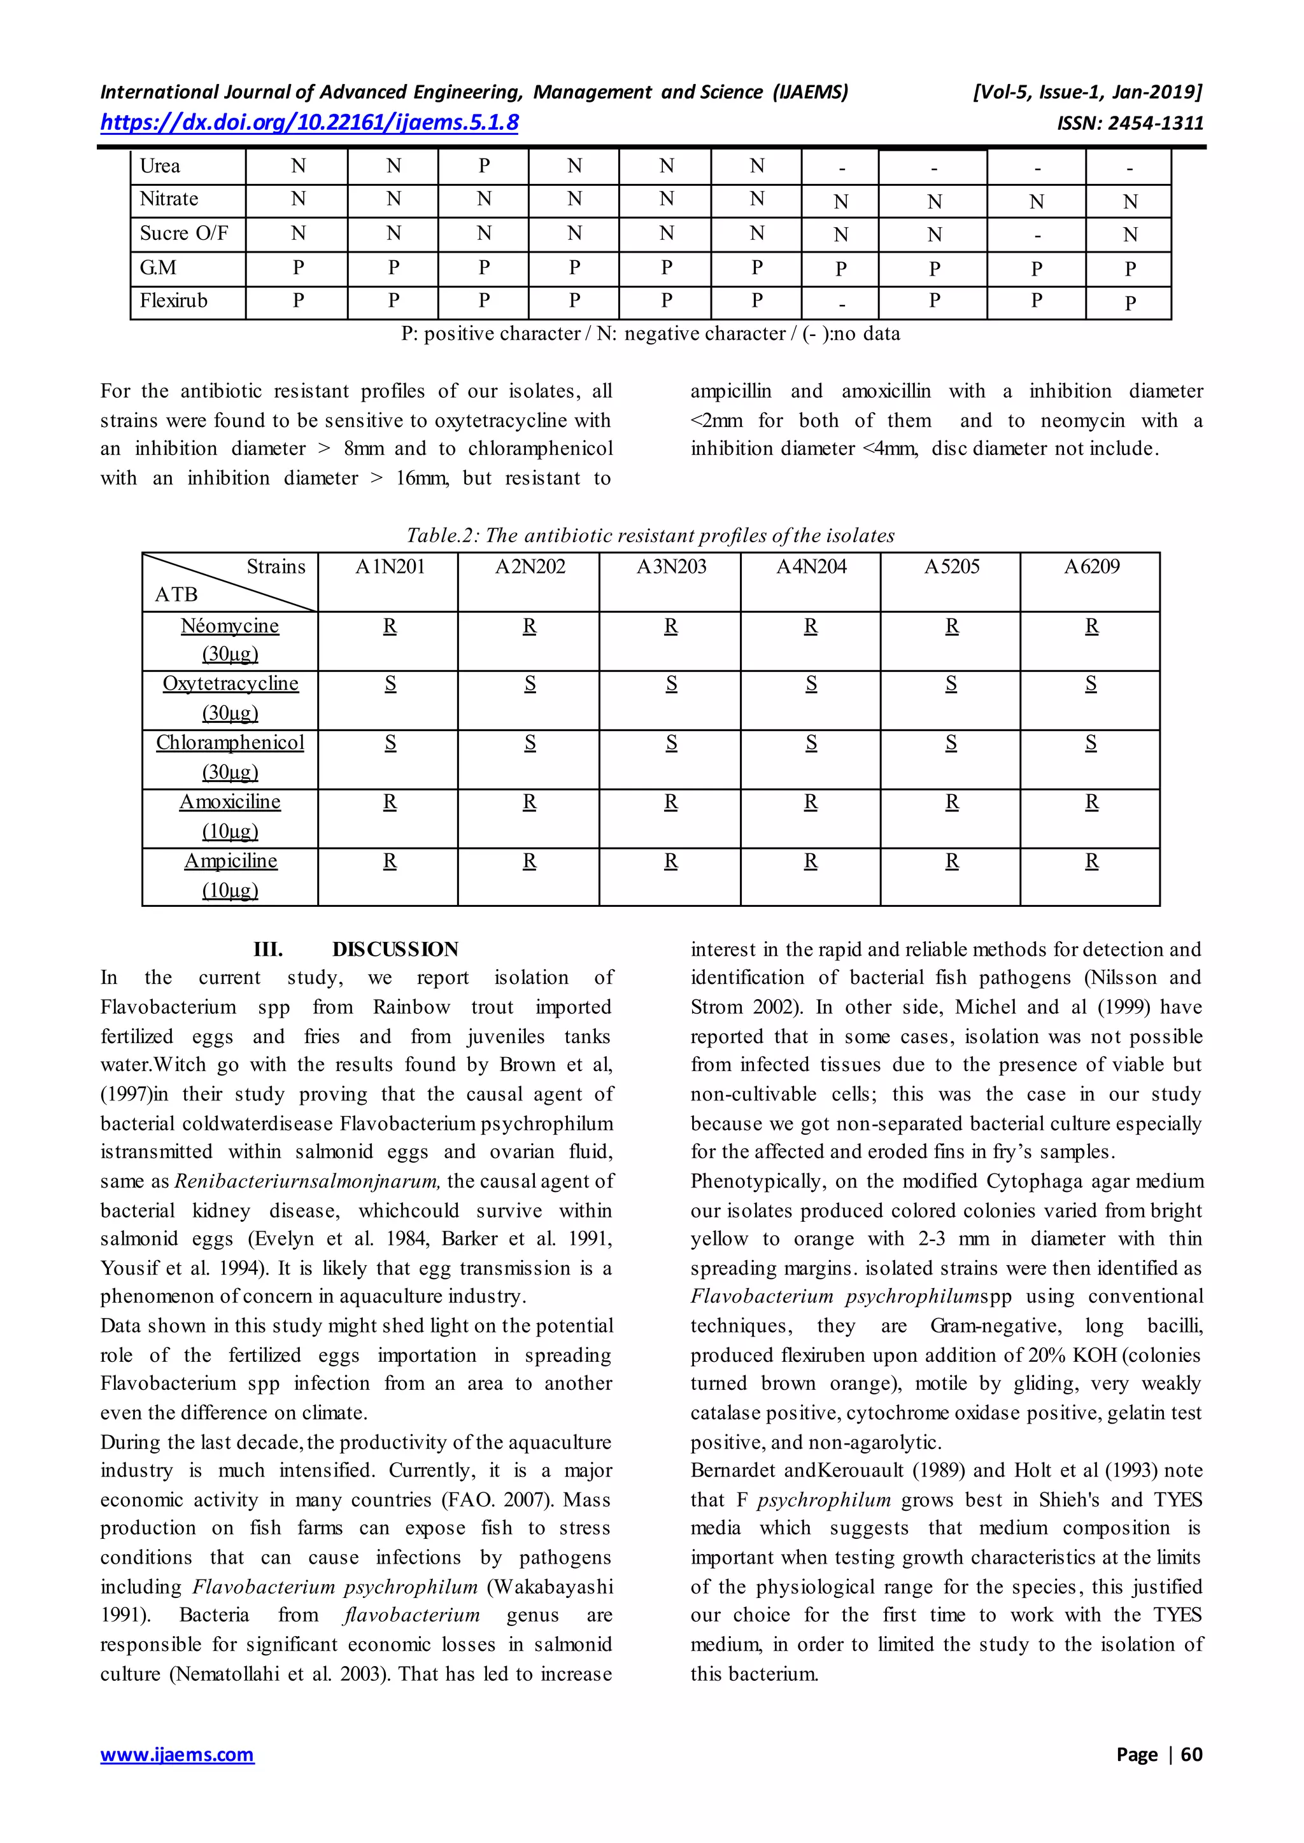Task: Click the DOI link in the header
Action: tap(309, 123)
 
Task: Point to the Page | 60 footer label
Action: tap(1159, 1754)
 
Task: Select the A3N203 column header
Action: tap(671, 566)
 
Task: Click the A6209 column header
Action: tap(1091, 566)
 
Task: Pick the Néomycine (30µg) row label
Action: tap(230, 640)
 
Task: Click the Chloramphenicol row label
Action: tap(230, 743)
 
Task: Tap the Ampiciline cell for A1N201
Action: tap(390, 861)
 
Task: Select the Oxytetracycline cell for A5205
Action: tap(951, 684)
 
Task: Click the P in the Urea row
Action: tap(484, 166)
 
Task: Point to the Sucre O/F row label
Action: tap(184, 234)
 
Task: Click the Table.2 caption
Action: tap(650, 535)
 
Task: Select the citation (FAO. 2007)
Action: tap(526, 1499)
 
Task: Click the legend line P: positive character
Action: tap(650, 334)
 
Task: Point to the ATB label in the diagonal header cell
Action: tap(176, 595)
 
